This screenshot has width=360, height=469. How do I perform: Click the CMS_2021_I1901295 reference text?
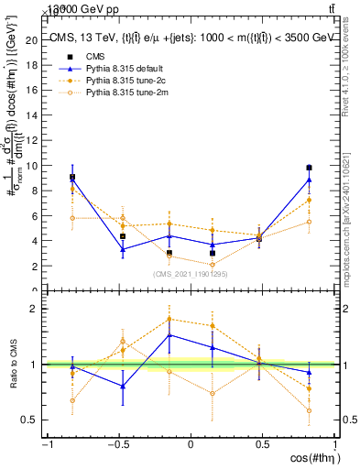191,274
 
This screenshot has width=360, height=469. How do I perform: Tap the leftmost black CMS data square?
72,177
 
